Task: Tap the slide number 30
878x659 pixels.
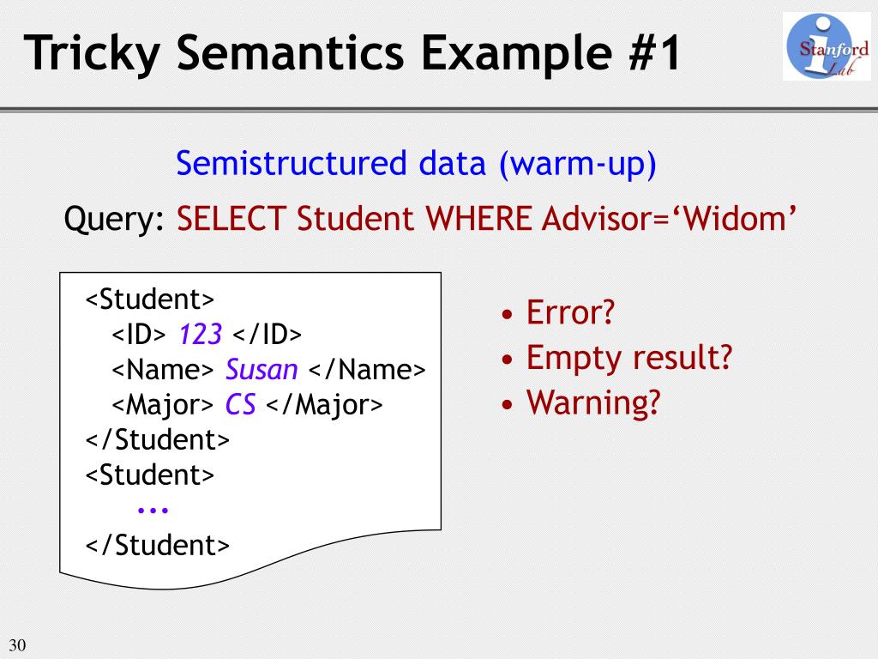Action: click(17, 645)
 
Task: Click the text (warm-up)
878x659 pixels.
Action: click(577, 163)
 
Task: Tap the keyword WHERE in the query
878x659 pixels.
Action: click(480, 220)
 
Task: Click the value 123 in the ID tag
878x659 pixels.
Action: click(201, 334)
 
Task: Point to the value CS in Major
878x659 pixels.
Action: click(241, 404)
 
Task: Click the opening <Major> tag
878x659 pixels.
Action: click(163, 404)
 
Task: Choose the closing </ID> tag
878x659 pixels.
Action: click(268, 334)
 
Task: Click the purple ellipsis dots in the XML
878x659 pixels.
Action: click(153, 510)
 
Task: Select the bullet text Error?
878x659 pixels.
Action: click(571, 312)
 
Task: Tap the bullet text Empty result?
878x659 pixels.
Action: click(628, 356)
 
